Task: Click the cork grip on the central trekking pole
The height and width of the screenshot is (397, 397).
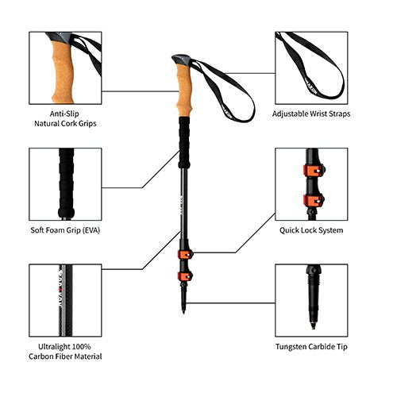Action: click(x=185, y=91)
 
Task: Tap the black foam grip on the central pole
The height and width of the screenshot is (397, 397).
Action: click(x=184, y=143)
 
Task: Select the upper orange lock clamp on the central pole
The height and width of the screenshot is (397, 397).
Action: click(x=185, y=255)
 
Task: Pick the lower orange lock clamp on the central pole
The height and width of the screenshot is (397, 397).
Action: click(x=185, y=276)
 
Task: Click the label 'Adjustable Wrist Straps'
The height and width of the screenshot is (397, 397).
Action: click(x=311, y=114)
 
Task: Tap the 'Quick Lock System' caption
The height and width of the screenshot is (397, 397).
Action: click(x=311, y=230)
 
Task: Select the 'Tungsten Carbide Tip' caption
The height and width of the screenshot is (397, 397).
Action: click(x=311, y=347)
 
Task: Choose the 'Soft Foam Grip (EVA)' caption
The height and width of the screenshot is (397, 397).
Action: click(x=65, y=230)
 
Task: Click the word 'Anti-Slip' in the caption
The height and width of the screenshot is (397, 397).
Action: click(x=64, y=114)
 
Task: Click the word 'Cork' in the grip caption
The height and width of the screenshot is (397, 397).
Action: click(x=69, y=124)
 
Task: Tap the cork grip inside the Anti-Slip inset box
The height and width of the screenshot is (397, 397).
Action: click(x=63, y=71)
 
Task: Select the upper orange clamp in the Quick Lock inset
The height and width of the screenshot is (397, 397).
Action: click(x=314, y=170)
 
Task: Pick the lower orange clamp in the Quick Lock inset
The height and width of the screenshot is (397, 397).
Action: click(x=314, y=201)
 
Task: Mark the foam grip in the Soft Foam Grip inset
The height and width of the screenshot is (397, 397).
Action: click(x=66, y=183)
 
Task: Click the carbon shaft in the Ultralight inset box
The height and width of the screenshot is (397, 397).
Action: click(x=65, y=300)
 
